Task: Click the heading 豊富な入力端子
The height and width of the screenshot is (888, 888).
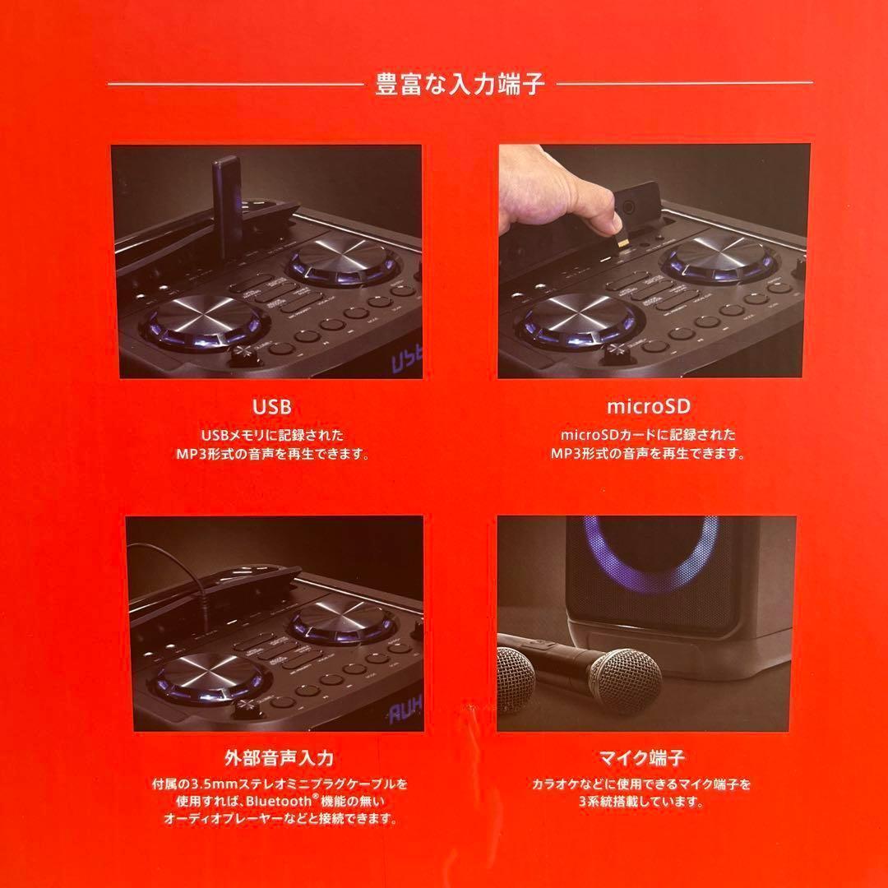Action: click(x=460, y=86)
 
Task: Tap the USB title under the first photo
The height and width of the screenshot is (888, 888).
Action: click(x=271, y=408)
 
